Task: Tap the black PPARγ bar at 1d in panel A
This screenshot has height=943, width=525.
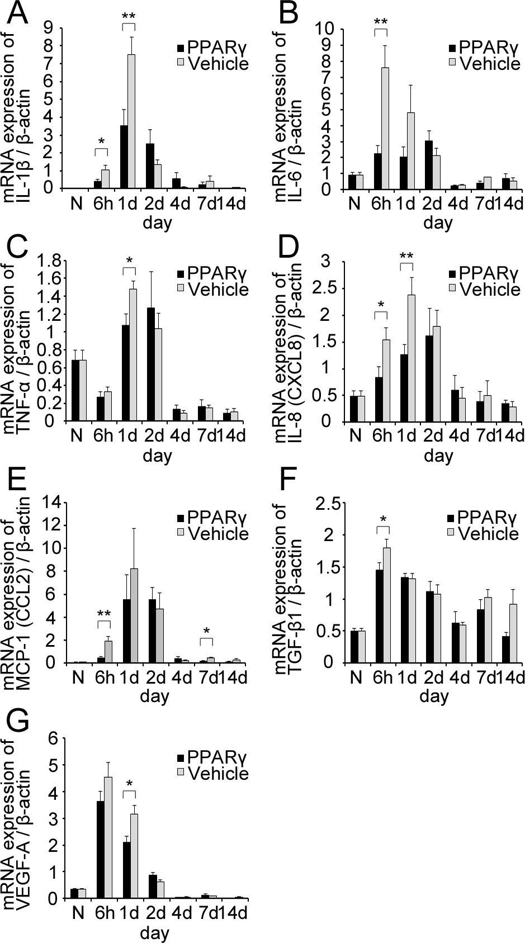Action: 124,157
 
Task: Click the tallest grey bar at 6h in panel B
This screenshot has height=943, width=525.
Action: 385,128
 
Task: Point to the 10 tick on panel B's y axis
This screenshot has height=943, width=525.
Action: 327,27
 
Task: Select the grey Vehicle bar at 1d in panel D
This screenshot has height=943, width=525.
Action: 411,358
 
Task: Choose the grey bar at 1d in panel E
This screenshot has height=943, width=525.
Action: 132,615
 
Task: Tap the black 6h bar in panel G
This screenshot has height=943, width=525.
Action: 101,850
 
